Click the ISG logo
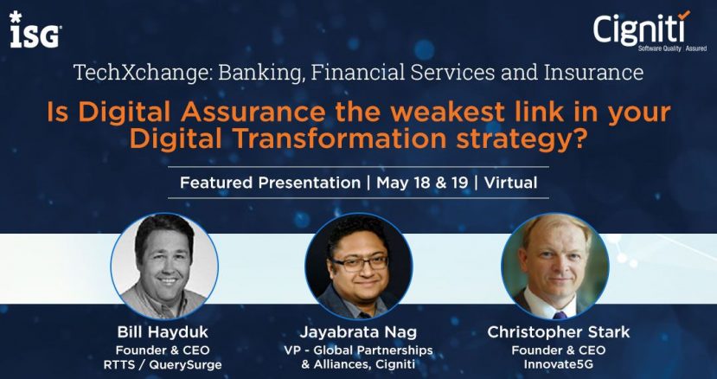(x=35, y=29)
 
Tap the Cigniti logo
(x=650, y=30)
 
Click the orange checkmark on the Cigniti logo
(x=684, y=15)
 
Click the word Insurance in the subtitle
(x=593, y=73)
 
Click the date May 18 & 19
(x=422, y=183)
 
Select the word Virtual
(x=511, y=183)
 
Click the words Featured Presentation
(x=270, y=183)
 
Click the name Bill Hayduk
(x=163, y=332)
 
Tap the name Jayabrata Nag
(x=358, y=332)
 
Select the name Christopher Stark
(x=559, y=332)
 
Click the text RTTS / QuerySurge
(x=163, y=365)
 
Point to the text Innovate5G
(x=559, y=365)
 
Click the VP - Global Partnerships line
(x=358, y=350)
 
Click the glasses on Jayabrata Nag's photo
(x=361, y=263)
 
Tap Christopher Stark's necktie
(x=560, y=315)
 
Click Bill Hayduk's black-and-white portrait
(x=164, y=266)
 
